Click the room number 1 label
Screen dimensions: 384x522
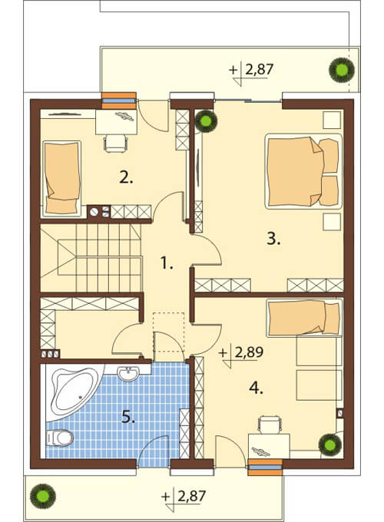(x=167, y=263)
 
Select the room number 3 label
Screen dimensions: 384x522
(x=273, y=239)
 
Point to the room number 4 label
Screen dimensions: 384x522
(x=256, y=388)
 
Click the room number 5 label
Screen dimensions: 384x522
(x=128, y=417)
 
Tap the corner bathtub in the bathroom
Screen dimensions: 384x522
(x=73, y=390)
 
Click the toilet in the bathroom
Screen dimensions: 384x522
(x=59, y=438)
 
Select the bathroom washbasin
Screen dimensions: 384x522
(x=128, y=374)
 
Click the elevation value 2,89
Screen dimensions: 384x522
(x=249, y=352)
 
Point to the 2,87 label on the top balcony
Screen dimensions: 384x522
(x=259, y=70)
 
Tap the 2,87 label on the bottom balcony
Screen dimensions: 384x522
(x=191, y=497)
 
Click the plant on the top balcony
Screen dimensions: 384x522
(x=341, y=70)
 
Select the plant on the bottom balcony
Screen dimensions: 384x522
(x=43, y=497)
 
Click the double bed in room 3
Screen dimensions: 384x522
(x=303, y=171)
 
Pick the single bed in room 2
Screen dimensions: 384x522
(x=62, y=178)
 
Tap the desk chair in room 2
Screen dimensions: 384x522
(x=115, y=144)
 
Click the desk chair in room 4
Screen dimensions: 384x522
(x=270, y=425)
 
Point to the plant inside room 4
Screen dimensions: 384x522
(x=330, y=444)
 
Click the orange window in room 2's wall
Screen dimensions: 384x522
(x=119, y=101)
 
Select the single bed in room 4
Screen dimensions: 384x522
(x=304, y=318)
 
